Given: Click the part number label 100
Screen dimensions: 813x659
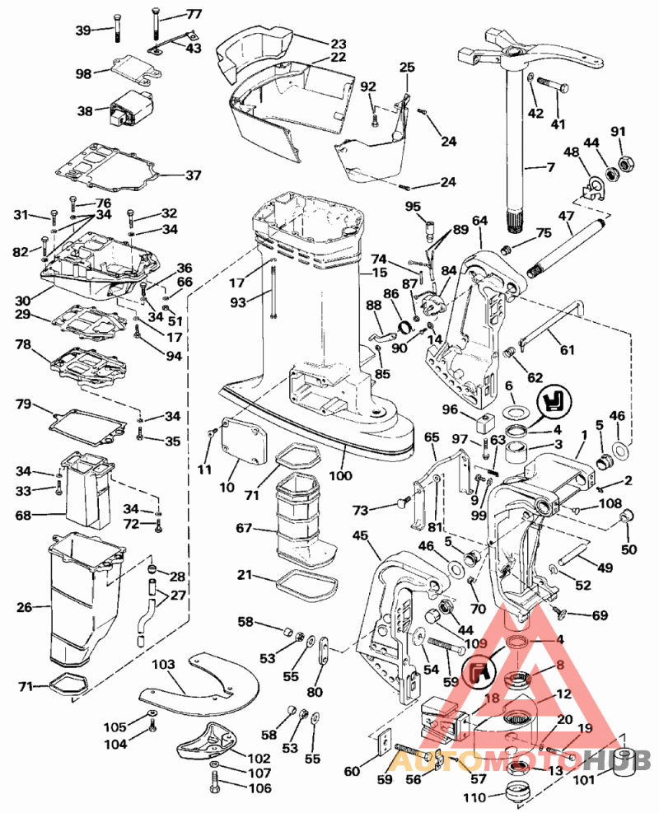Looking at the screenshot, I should click(x=341, y=475).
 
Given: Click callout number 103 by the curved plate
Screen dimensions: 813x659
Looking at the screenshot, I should click(x=164, y=662).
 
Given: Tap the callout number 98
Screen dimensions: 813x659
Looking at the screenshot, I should click(x=84, y=74).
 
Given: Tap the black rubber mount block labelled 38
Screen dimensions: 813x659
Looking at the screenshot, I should click(x=129, y=114).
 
